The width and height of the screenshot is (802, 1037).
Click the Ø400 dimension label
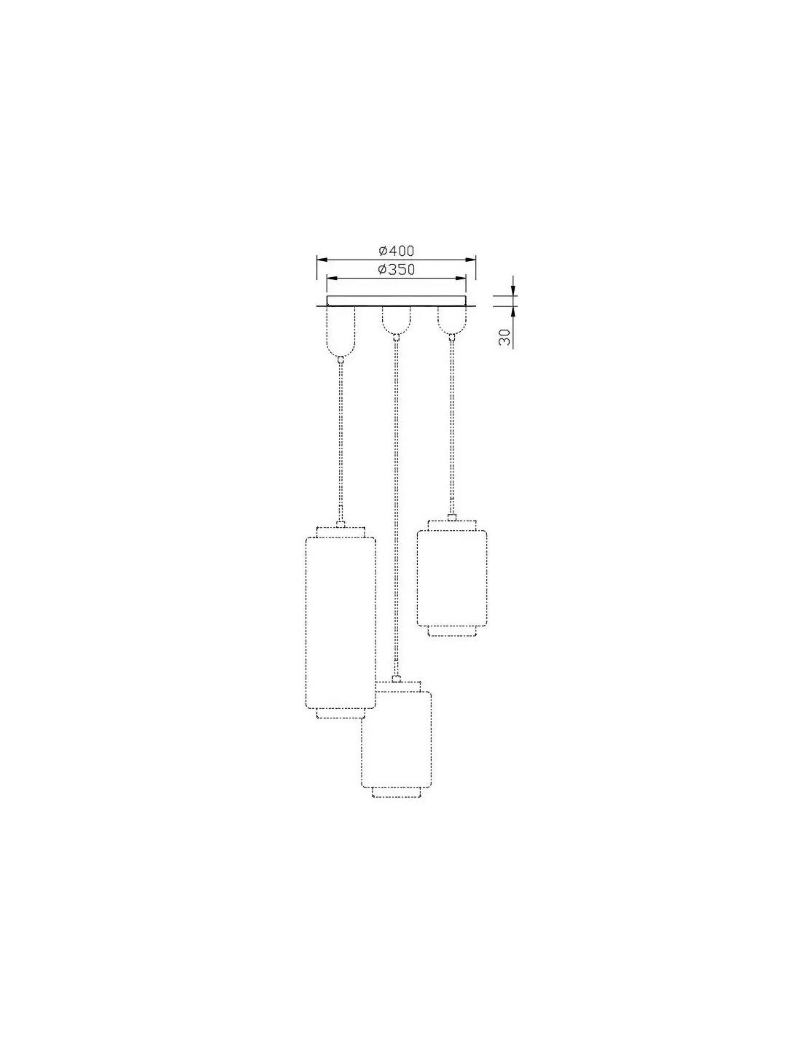coord(396,251)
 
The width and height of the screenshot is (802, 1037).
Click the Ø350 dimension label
coord(396,270)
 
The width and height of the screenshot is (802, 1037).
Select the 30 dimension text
coord(505,337)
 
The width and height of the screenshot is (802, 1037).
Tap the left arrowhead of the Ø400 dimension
coord(322,259)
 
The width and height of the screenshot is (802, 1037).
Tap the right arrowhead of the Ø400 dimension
coord(471,259)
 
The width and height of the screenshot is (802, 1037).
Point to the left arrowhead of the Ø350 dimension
coord(332,279)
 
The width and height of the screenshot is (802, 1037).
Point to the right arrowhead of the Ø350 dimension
coord(461,279)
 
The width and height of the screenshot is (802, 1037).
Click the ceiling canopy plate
coord(396,301)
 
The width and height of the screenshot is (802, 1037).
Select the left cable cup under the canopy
coord(340,331)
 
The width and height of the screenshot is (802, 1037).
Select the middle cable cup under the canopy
coord(395,320)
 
